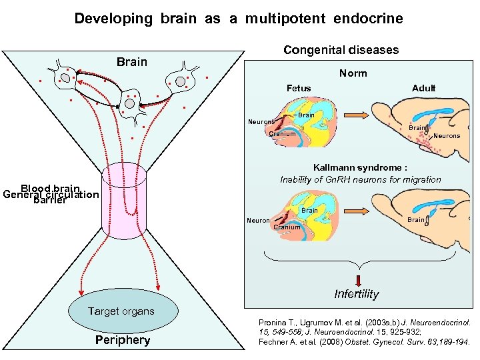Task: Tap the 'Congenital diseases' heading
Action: (341, 50)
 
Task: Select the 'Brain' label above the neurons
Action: (131, 62)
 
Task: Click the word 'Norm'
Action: (353, 73)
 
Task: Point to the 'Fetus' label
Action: (298, 88)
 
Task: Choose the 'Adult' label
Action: (423, 88)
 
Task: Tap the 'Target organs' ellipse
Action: (121, 311)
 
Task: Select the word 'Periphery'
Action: (123, 340)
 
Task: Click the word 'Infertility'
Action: (356, 294)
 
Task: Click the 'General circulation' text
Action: (51, 195)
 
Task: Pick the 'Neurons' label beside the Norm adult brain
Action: (446, 136)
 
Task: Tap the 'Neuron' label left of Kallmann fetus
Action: (258, 221)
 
